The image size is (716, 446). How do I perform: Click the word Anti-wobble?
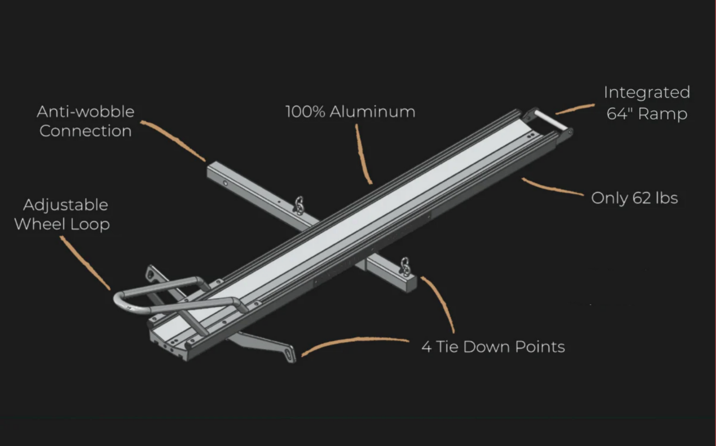85,112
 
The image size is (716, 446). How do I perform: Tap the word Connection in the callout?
85,131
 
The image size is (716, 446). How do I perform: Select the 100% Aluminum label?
350,112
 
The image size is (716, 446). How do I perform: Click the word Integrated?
647,93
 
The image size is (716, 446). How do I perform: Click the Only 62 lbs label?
635,198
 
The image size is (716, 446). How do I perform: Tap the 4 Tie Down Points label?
493,347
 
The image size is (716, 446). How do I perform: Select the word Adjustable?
65,205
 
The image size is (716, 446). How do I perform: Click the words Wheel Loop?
62,224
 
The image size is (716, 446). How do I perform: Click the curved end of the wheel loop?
118,303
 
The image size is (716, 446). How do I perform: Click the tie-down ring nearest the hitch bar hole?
299,205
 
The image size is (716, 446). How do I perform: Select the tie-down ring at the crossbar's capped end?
405,267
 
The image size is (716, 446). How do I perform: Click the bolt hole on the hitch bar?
226,183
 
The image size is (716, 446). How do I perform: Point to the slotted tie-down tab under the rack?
289,355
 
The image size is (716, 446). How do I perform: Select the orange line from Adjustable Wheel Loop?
85,263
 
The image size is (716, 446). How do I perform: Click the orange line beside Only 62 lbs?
552,187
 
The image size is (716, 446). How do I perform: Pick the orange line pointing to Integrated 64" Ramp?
575,108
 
